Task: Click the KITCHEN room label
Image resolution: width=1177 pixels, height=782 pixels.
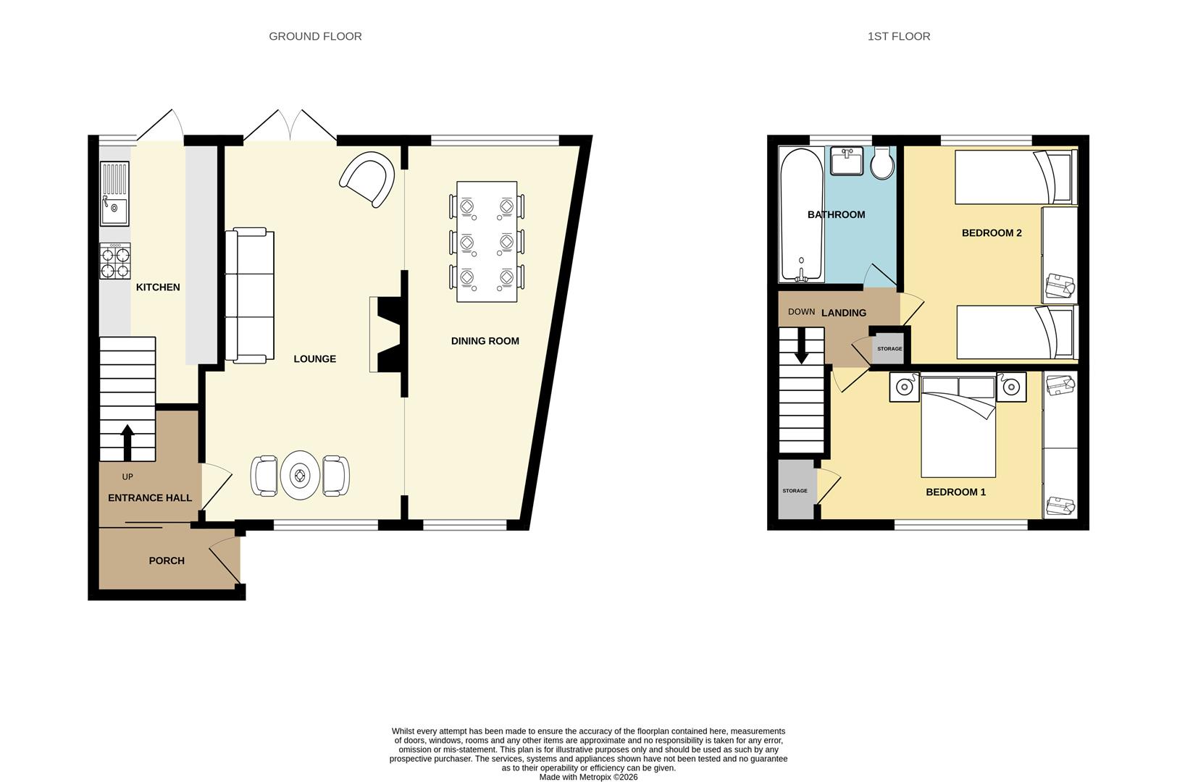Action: tap(158, 287)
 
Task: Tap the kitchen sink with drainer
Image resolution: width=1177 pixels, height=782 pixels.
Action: tap(114, 194)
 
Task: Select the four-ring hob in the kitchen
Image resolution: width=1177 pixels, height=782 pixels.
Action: tap(115, 262)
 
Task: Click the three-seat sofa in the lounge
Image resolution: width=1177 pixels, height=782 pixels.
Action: tap(249, 295)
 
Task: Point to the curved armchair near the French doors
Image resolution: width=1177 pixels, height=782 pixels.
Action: tap(368, 179)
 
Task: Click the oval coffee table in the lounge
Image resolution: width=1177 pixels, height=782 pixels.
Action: tap(300, 475)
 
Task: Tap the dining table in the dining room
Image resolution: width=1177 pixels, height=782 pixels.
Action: tap(487, 242)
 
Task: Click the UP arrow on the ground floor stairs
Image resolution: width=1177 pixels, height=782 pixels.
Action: tap(127, 442)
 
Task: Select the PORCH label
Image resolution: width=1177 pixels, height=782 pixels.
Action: tap(167, 561)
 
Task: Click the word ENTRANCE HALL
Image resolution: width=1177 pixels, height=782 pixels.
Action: tap(150, 498)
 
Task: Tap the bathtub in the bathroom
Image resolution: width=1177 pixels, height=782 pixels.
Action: tap(801, 214)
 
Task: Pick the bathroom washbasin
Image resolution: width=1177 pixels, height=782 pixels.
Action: tap(846, 161)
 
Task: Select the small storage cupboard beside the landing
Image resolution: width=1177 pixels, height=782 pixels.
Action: tap(889, 348)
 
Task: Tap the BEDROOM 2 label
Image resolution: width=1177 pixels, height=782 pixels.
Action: tap(991, 233)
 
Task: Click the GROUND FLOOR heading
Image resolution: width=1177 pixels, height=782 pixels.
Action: tap(315, 36)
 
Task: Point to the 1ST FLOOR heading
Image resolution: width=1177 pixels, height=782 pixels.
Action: tap(898, 36)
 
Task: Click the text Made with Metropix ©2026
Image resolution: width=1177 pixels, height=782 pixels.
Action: tap(588, 777)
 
